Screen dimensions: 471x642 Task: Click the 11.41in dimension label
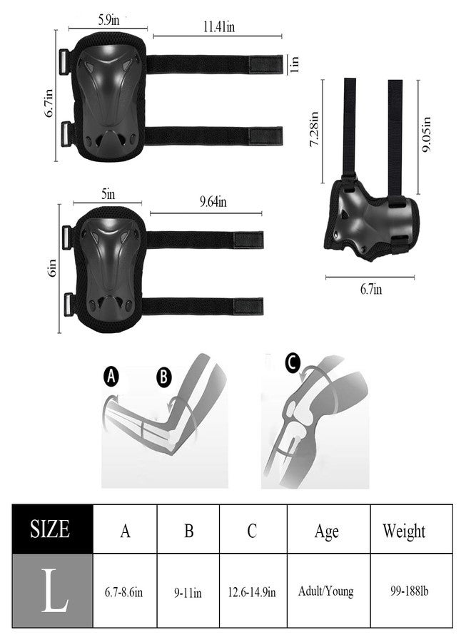[219, 27]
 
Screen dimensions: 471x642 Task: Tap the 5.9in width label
[108, 20]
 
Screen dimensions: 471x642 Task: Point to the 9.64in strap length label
[213, 202]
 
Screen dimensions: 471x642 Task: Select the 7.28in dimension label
[314, 129]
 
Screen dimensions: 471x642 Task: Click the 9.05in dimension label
[427, 135]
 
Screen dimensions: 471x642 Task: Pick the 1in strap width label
[294, 65]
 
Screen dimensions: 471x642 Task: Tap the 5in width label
[108, 194]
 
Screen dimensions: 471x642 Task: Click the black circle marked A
[111, 377]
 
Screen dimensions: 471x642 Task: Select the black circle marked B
[164, 377]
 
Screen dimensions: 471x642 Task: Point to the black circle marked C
[293, 363]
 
